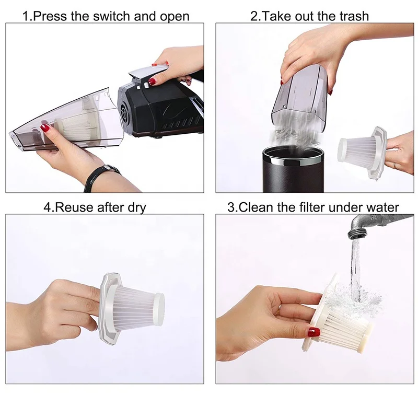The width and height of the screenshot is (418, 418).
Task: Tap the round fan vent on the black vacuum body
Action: (x=124, y=111)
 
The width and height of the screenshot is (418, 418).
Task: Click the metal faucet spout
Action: (x=373, y=224)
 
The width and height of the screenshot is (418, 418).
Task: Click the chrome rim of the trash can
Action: (x=293, y=159)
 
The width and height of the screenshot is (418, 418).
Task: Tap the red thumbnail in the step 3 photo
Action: (x=315, y=332)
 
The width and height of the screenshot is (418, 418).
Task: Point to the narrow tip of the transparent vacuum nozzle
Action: (x=14, y=136)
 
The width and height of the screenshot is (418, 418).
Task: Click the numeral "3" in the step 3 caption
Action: (x=231, y=207)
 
